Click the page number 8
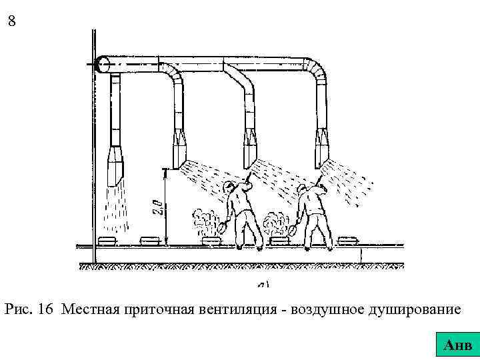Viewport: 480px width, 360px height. coord(12,21)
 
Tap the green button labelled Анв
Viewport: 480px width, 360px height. coord(458,345)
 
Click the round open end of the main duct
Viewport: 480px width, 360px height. coord(102,64)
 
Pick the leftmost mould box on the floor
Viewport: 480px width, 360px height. coord(107,241)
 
